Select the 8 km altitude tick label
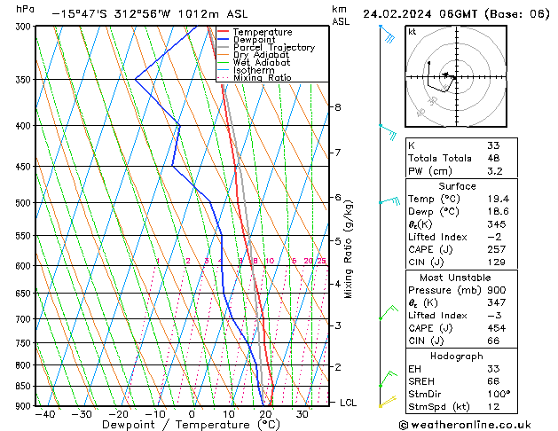(337, 107)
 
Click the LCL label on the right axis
(349, 403)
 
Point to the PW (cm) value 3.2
(494, 171)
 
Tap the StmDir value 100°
(498, 395)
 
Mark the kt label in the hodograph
(413, 32)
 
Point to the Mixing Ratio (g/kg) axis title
(349, 249)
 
